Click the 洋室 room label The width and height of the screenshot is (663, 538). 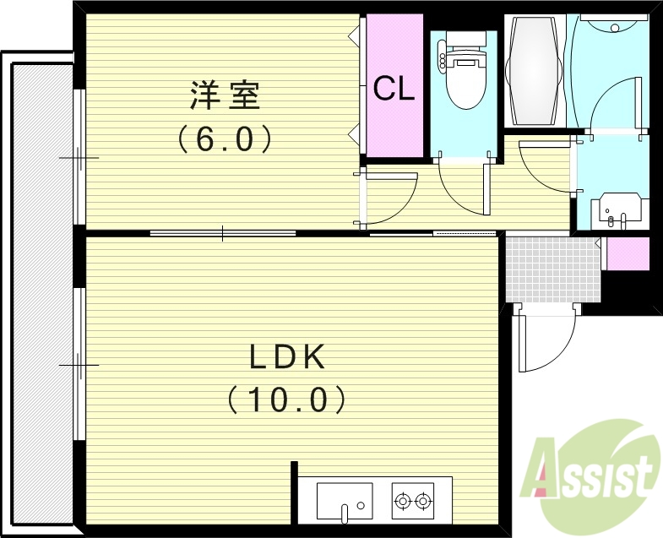point(224,95)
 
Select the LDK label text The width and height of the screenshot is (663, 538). point(286,357)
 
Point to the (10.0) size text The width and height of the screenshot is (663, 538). point(286,399)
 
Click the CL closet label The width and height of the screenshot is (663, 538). point(394,88)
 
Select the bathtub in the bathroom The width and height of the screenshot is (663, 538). point(534,71)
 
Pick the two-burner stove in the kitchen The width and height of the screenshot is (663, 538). point(413,501)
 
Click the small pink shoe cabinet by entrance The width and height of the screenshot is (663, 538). point(628,253)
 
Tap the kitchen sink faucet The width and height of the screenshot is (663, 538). point(345,510)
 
